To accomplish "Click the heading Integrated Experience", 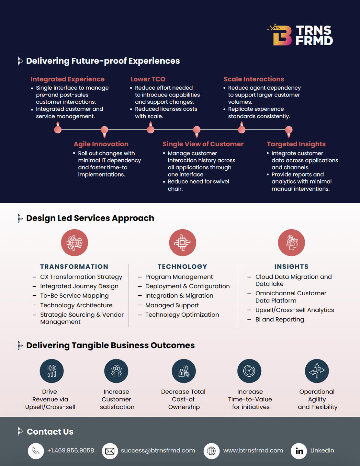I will point(67,79).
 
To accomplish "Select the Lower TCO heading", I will point(148,79).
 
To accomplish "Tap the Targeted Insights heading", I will point(296,144).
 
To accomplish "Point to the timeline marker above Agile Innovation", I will point(104,130).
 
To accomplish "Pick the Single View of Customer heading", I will point(203,144).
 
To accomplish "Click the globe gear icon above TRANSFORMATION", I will point(74,243).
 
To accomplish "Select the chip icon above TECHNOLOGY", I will point(182,243).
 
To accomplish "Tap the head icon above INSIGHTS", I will point(291,243).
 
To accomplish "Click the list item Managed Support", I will point(172,305).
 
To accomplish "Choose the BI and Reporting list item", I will point(279,319).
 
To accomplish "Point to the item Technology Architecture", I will point(76,305).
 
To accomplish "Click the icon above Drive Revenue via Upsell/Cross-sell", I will point(51,371).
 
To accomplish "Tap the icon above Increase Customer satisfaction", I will point(116,371).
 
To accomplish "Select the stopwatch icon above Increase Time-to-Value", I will point(249,371).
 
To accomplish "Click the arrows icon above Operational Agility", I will point(317,371).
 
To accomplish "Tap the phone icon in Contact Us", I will point(36,451).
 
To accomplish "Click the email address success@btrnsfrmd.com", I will point(158,450).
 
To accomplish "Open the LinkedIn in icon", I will point(299,451).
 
